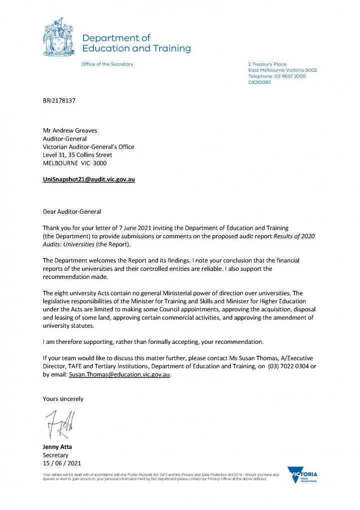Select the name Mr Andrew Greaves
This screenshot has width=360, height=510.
point(70,131)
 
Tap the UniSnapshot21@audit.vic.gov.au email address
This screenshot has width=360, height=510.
point(89,179)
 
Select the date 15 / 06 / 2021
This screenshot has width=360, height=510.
point(62,463)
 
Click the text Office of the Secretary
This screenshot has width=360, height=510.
point(107,64)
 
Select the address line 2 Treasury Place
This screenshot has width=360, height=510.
point(267,64)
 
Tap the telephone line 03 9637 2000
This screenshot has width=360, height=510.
point(277,76)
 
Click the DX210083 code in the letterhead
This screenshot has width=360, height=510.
point(259,82)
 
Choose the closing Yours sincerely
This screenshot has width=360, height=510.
point(63,399)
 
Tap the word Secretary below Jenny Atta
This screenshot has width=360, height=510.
point(55,455)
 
